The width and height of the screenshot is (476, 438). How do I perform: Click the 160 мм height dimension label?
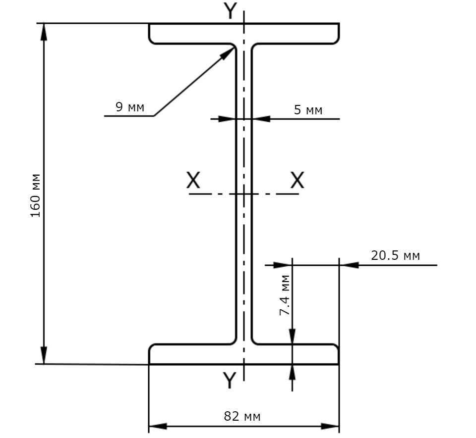(x=36, y=195)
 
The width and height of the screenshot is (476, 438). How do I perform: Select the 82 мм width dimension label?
(x=242, y=417)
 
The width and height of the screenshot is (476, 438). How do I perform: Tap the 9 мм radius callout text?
(x=130, y=107)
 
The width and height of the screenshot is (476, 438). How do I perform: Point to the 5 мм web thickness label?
(x=308, y=110)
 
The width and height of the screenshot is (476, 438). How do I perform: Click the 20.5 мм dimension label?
(x=395, y=256)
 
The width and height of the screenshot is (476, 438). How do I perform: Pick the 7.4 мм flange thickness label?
(x=285, y=295)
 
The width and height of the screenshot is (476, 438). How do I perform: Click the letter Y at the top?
(x=230, y=11)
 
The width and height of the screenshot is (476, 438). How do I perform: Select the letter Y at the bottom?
(x=230, y=380)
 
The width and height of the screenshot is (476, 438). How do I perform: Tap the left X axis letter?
(x=193, y=180)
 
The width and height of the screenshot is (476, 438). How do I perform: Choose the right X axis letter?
(x=297, y=180)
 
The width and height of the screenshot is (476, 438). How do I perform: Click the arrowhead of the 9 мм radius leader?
(x=228, y=53)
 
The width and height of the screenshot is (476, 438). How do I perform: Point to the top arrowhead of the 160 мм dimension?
(x=44, y=32)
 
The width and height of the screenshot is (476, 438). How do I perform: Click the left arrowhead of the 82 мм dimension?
(x=158, y=426)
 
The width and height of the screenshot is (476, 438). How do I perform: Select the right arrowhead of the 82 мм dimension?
(x=330, y=426)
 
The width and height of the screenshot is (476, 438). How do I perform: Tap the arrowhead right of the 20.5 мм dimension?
(x=349, y=265)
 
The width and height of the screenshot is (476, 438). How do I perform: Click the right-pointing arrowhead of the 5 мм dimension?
(x=228, y=119)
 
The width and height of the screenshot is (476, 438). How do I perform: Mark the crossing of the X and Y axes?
(x=244, y=194)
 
